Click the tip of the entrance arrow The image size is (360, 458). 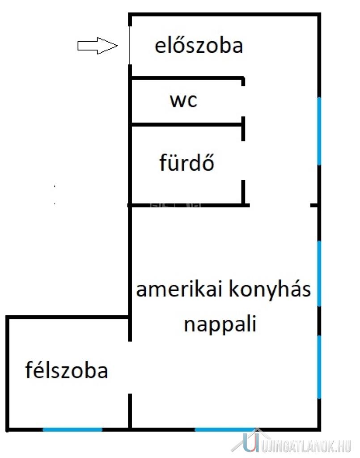117,46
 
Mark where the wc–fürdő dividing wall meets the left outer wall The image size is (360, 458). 130,125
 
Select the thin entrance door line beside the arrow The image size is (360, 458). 129,45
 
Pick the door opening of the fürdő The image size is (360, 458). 243,161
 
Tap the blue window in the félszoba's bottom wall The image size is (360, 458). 73,429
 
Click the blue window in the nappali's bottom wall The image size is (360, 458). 224,429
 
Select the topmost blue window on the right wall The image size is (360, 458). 319,131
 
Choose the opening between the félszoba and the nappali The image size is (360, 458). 130,368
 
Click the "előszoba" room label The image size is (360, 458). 199,46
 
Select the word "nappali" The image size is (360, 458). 220,324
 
